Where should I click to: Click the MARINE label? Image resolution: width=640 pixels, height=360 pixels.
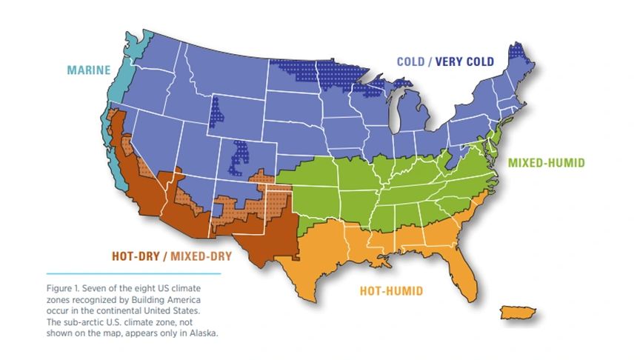point(88,70)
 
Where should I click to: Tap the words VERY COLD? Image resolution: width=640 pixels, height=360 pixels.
point(464,61)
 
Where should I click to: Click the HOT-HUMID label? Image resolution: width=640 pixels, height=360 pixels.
point(390,291)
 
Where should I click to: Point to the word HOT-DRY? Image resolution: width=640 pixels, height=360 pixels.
point(136,257)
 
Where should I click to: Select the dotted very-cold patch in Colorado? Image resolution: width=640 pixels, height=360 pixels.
point(239,156)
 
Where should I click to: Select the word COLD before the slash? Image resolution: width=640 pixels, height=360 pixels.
point(410,61)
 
